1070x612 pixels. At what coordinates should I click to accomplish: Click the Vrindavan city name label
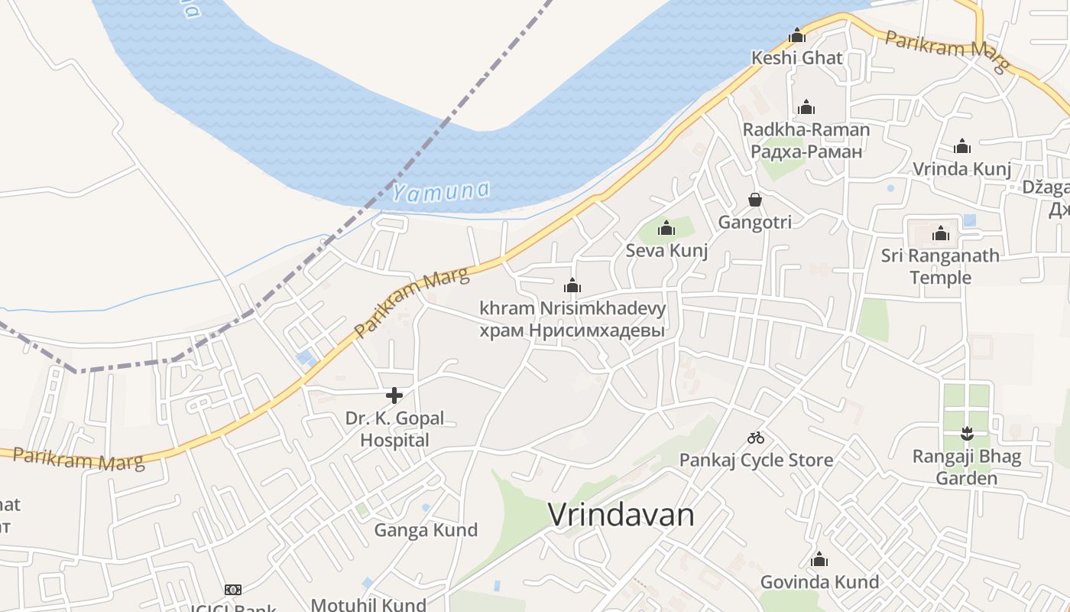coord(621,515)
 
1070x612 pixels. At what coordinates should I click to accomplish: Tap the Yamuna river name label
coord(442,190)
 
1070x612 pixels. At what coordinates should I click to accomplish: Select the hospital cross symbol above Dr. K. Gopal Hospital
coord(394,396)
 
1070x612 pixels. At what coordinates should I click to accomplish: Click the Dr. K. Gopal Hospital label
coord(394,429)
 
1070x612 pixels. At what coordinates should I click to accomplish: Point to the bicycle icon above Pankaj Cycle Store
coord(756,438)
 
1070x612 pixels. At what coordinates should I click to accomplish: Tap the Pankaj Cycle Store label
coord(756,460)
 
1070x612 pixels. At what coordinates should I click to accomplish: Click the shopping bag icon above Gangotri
coord(755,200)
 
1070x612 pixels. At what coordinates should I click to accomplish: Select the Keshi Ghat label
coord(797,57)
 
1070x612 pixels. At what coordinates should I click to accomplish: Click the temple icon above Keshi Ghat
coord(797,36)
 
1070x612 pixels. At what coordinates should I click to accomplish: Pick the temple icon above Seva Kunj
coord(666,228)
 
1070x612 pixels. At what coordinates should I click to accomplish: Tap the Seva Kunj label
coord(666,250)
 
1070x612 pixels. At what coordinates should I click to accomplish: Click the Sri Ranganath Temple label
coord(940,266)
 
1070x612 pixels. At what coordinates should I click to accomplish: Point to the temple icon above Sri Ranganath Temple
coord(940,233)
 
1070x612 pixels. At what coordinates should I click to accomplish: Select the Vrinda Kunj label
coord(961,169)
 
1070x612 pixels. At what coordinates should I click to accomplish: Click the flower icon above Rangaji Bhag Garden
coord(967,434)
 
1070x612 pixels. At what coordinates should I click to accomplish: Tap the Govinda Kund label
coord(819,582)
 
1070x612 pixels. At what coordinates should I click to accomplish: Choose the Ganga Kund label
coord(426,530)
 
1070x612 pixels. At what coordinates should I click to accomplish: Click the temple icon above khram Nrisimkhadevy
coord(572,286)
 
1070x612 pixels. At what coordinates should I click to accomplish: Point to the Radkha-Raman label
coord(806,129)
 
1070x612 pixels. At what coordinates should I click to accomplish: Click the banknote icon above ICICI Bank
coord(233,589)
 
